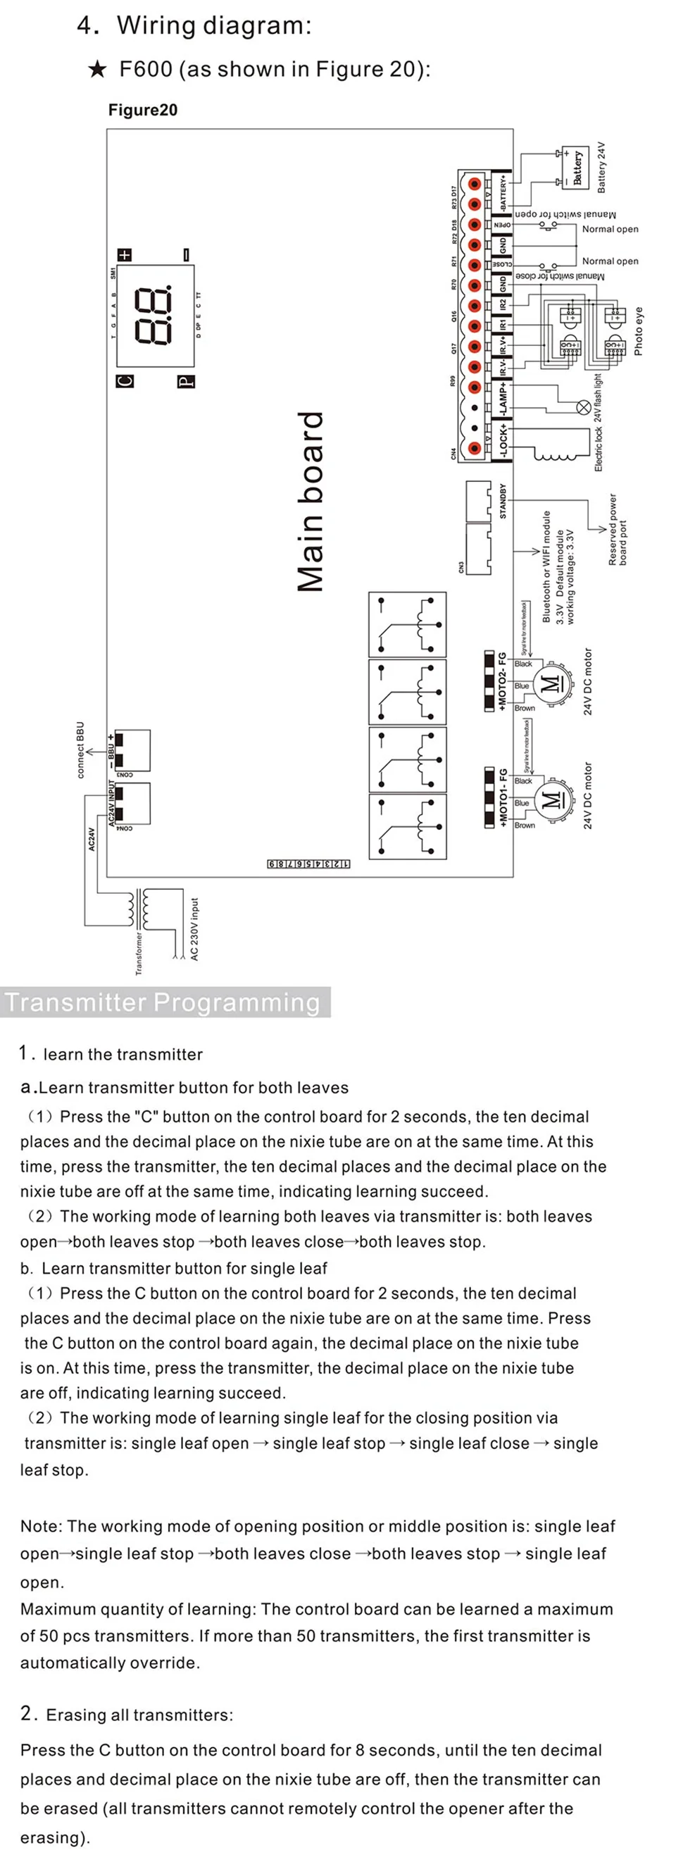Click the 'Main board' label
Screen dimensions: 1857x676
pos(311,502)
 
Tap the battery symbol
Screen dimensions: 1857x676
pos(577,166)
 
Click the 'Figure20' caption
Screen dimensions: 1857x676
pos(143,111)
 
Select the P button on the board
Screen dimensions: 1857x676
pos(186,381)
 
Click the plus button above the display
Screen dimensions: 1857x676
pos(125,254)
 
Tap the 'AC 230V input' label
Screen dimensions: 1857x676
pos(194,929)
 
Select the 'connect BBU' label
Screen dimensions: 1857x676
pos(80,750)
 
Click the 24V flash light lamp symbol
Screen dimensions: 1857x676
pos(583,407)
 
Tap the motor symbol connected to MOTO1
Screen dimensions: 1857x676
pos(551,800)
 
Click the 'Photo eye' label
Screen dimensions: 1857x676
pos(638,332)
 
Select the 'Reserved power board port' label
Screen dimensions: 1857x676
pos(618,530)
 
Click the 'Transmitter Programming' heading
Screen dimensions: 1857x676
pos(163,1002)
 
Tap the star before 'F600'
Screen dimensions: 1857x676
pos(97,70)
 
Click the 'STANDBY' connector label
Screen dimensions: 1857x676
pos(503,501)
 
